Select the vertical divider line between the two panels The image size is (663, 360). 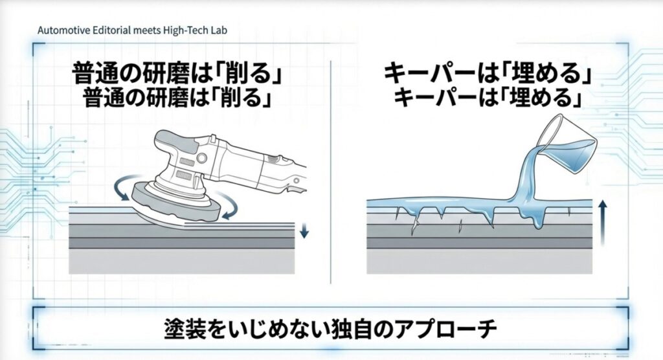click(x=331, y=168)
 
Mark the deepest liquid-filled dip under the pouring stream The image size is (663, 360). click(x=537, y=222)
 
